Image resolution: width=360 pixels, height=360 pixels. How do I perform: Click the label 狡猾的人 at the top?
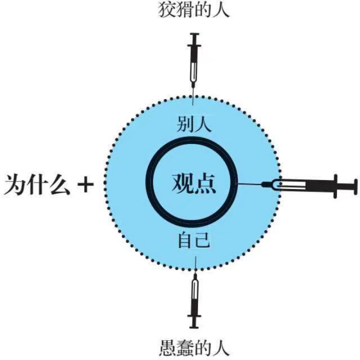coord(194,10)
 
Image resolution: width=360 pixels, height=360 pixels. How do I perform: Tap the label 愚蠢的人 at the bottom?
coord(194,348)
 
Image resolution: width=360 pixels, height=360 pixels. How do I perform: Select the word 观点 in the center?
coord(193,183)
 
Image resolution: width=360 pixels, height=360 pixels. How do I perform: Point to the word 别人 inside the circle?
coord(194,124)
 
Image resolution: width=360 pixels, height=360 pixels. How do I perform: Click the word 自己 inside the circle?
coord(194,240)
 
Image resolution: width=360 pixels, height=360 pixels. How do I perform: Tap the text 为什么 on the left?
coord(37,184)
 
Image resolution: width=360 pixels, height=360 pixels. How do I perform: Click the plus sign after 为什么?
coord(85,184)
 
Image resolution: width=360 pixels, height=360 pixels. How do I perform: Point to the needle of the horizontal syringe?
coord(250,184)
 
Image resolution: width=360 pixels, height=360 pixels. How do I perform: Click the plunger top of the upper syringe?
coord(194,34)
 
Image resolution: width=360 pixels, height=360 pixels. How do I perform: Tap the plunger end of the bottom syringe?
coord(194,326)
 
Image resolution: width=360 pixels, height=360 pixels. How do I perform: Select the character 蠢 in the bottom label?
coord(185,348)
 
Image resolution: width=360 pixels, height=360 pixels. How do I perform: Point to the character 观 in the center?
coord(182,183)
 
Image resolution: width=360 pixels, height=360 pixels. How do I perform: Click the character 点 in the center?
coord(205,183)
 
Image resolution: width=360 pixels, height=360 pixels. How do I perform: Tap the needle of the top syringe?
coord(193,96)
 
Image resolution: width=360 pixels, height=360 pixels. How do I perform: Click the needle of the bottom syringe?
coord(195,265)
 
